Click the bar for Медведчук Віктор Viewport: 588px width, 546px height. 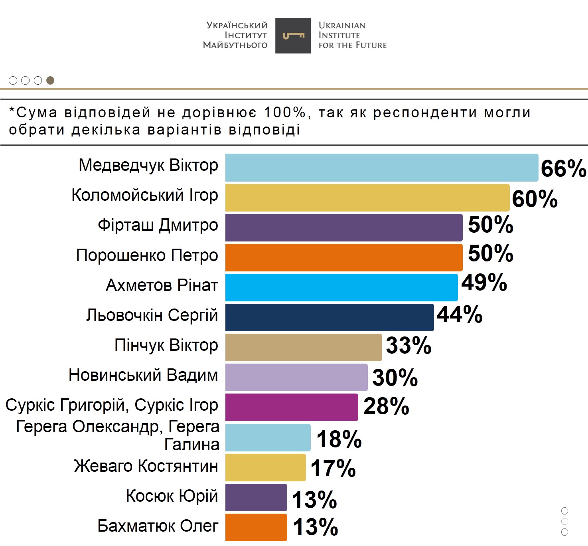click(381, 168)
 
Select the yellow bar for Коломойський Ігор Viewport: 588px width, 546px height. click(367, 198)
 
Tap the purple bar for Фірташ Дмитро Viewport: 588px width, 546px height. click(343, 227)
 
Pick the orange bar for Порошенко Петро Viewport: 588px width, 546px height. click(343, 257)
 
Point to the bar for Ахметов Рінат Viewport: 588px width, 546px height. click(341, 287)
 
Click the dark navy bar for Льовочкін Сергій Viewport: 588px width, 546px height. click(329, 317)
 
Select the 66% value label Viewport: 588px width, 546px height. click(563, 168)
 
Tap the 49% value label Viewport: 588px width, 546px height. click(484, 283)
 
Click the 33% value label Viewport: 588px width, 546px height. click(408, 345)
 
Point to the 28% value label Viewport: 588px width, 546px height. click(386, 406)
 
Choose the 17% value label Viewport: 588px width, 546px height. click(333, 468)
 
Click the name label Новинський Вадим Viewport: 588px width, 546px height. click(143, 375)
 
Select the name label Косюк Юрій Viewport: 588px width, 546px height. click(172, 496)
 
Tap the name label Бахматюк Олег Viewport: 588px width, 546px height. click(158, 526)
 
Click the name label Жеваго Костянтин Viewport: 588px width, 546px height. click(146, 466)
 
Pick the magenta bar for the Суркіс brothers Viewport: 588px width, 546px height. click(291, 407)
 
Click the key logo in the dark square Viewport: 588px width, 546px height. click(293, 36)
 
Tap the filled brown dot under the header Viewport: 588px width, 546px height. click(50, 81)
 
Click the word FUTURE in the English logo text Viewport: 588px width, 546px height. click(371, 45)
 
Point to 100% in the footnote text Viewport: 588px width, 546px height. click(284, 113)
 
